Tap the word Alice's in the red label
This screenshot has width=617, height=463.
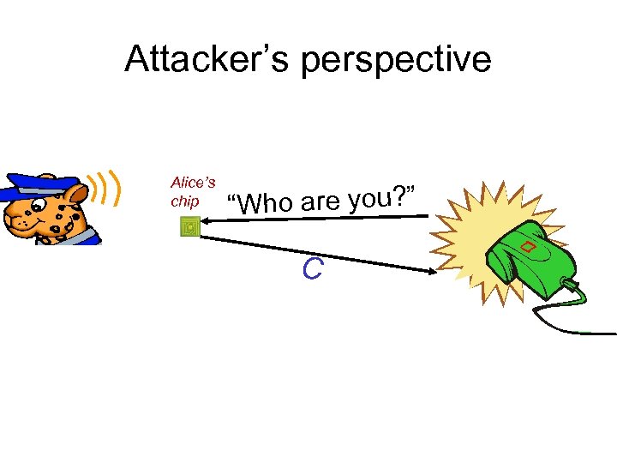point(193,182)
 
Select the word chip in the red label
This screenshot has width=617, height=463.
point(185,201)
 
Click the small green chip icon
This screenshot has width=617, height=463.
point(190,227)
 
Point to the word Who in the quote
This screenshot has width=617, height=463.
point(267,204)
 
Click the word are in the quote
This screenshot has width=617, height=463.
point(320,201)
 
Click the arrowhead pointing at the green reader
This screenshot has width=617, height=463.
point(429,272)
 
